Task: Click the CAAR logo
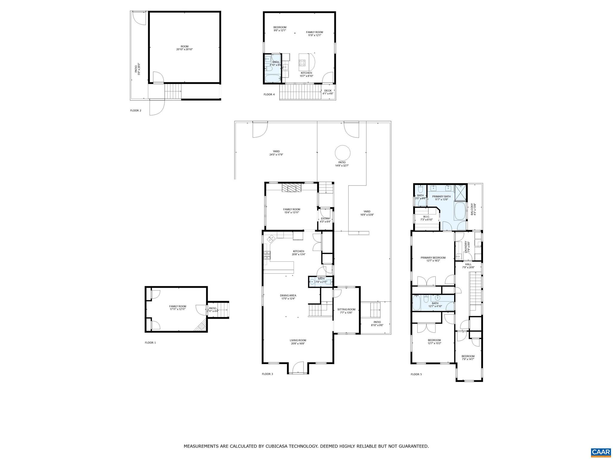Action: (x=600, y=452)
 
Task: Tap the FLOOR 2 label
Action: (x=136, y=111)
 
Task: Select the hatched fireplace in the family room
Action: (x=289, y=188)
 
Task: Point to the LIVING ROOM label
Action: (x=298, y=340)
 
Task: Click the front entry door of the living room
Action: (x=298, y=368)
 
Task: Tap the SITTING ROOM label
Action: (x=346, y=310)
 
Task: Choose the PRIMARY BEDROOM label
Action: (x=433, y=258)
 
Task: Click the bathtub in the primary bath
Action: (x=460, y=211)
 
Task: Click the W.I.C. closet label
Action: (x=426, y=217)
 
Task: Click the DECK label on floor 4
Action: (x=328, y=91)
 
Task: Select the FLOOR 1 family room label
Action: (x=177, y=306)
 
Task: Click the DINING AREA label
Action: (x=288, y=296)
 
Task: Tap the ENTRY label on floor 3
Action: (x=325, y=219)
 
